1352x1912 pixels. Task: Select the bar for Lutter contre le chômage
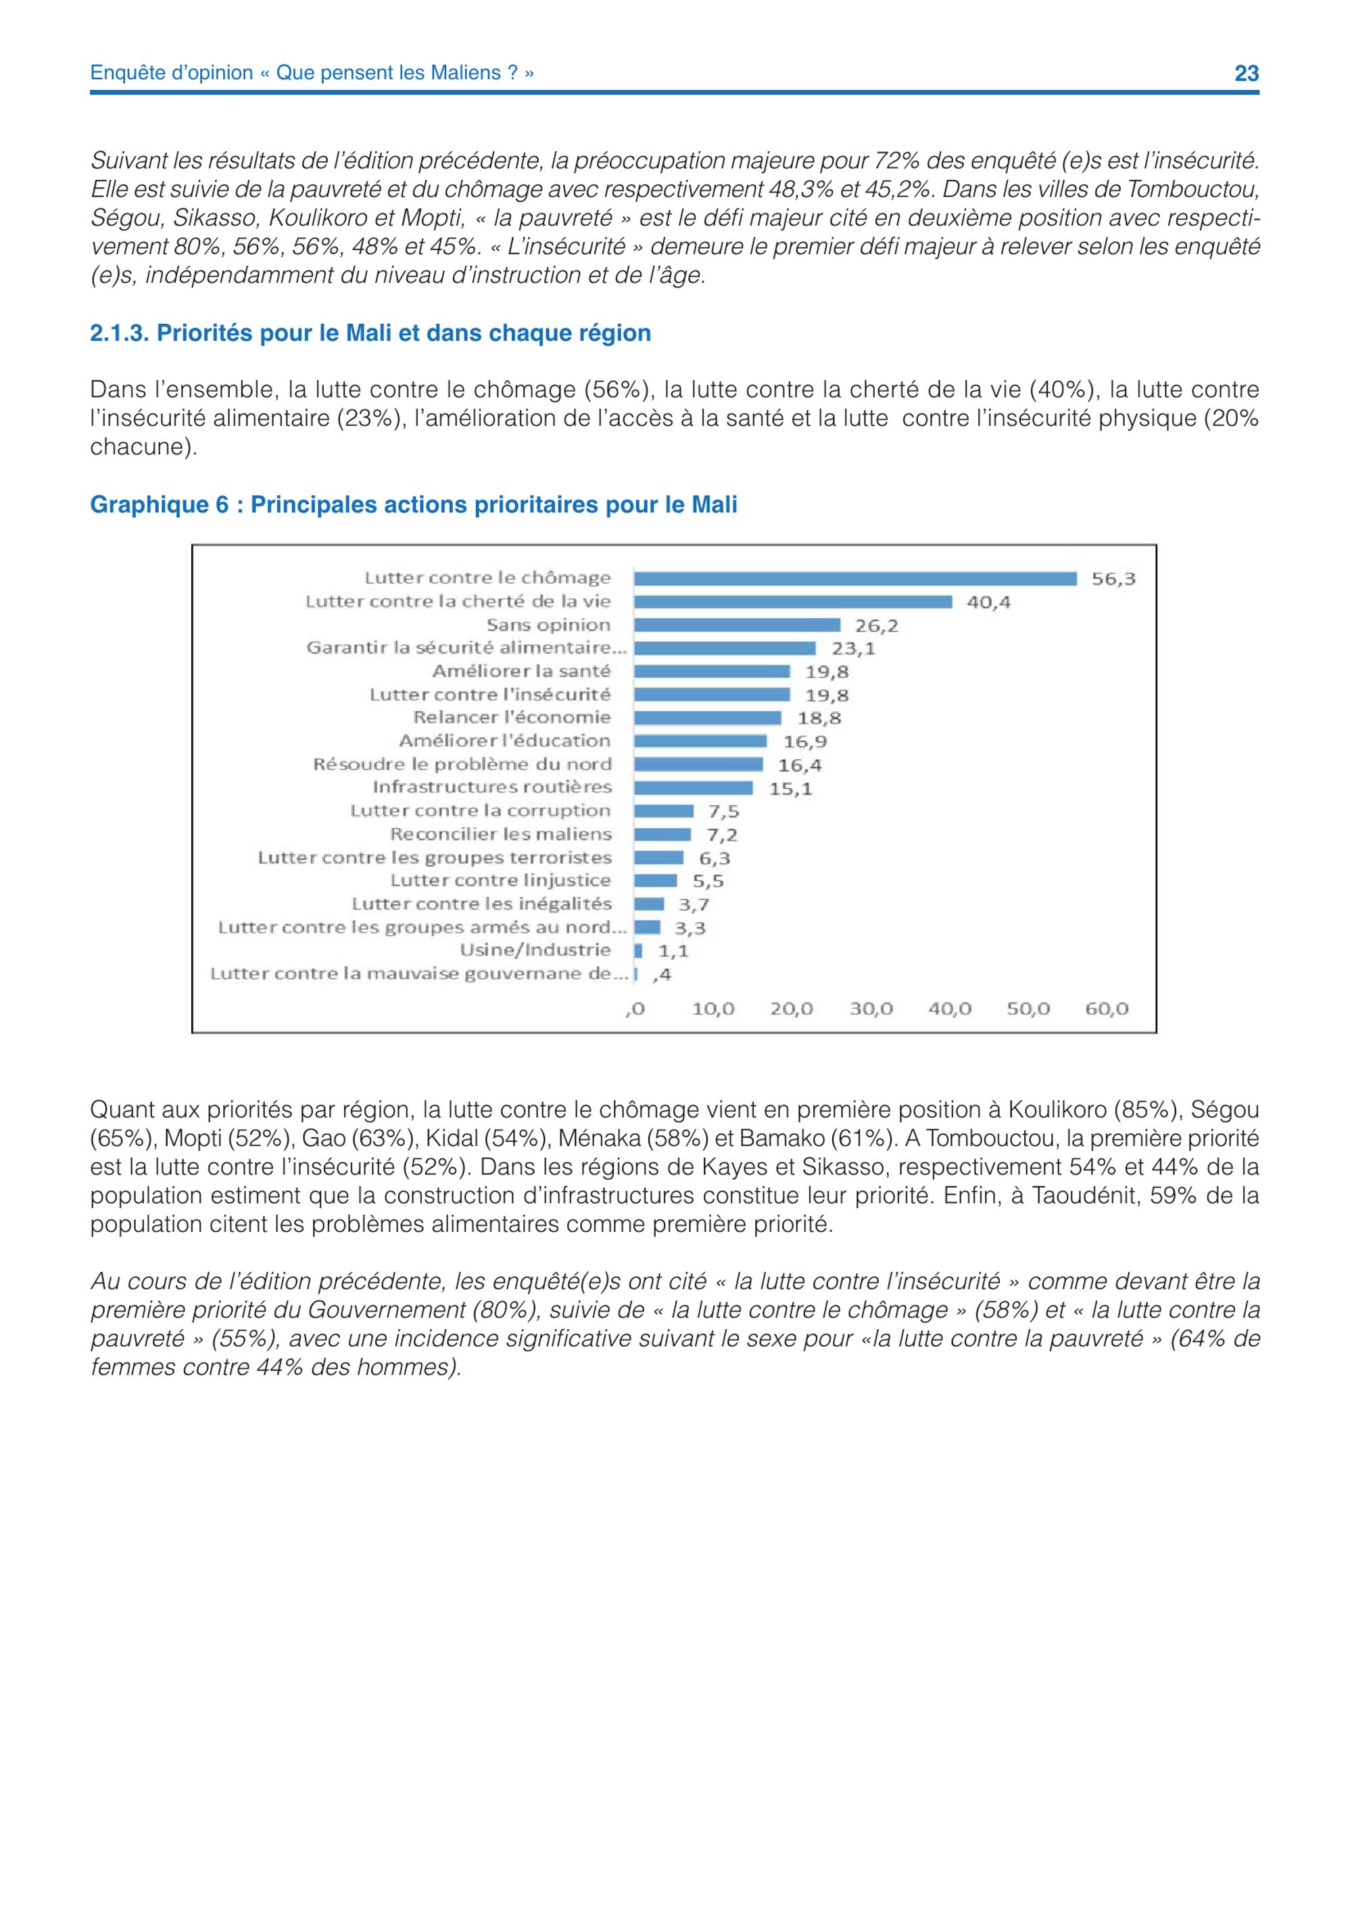click(855, 579)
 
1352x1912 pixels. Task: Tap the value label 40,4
click(988, 602)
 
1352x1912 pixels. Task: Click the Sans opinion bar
click(737, 625)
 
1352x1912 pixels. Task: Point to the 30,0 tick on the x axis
click(871, 1009)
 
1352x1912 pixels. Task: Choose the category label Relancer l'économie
click(512, 717)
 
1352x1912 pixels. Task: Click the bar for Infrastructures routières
click(694, 788)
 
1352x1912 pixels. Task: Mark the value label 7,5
click(723, 812)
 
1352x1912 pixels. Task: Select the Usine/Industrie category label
click(535, 950)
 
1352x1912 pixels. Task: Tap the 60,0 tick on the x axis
click(1107, 1009)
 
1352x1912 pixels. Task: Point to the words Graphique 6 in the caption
click(159, 506)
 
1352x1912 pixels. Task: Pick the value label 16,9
click(805, 741)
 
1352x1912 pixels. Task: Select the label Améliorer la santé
click(521, 671)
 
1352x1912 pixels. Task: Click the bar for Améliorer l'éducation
click(700, 741)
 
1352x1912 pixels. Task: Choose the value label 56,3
click(1113, 579)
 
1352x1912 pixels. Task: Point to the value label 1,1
click(673, 951)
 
